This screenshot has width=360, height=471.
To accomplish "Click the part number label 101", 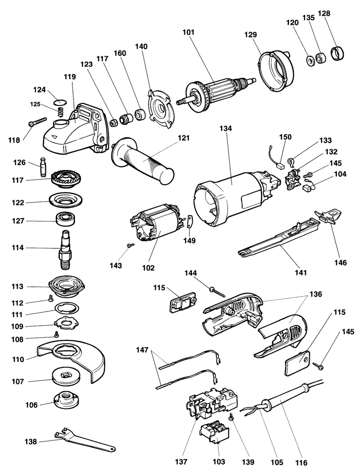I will coord(188,33).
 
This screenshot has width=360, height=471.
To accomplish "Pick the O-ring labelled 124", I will coord(59,102).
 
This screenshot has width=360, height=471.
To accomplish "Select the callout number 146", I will coord(340,263).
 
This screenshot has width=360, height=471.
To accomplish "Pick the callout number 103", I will coord(218,462).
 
